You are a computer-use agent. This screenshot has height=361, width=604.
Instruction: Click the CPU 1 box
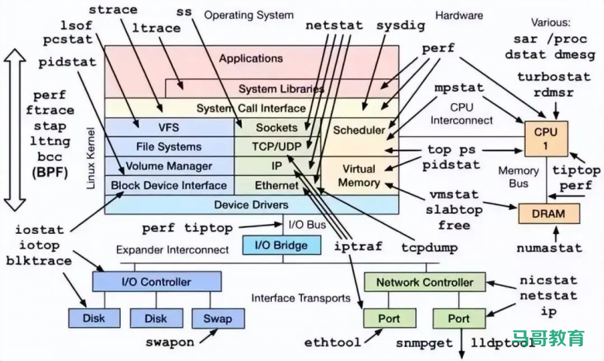pos(545,139)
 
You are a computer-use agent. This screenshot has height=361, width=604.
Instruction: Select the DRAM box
pos(547,213)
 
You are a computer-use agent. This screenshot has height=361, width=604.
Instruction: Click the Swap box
pos(218,318)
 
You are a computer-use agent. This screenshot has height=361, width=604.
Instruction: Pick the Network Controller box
pos(424,282)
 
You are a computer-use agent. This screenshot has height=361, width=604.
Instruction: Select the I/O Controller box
pos(156,282)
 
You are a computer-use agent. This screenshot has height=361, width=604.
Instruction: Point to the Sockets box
pos(276,128)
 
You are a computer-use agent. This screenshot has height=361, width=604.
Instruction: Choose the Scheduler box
pos(359,129)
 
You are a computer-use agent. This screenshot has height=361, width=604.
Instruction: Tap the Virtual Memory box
pos(359,176)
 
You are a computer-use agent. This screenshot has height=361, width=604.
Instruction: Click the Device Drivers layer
pos(251,204)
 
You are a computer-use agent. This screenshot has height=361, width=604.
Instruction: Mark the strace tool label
pos(114,10)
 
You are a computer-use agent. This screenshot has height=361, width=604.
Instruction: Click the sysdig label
pos(400,25)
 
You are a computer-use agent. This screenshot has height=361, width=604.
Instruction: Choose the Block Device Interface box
pos(169,185)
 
